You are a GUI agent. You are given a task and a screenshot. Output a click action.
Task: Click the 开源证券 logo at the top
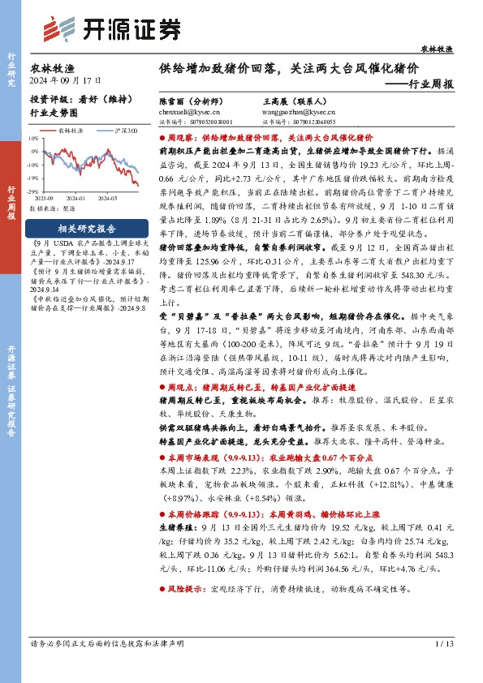(x=110, y=28)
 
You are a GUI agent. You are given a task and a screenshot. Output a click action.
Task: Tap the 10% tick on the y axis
(x=32, y=139)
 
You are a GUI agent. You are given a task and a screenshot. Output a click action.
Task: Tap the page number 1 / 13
(x=443, y=642)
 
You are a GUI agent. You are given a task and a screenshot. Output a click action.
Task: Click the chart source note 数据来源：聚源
(x=58, y=208)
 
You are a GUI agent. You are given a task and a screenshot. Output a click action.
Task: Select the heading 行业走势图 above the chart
(x=54, y=114)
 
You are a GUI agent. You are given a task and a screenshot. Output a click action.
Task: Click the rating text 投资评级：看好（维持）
(x=75, y=98)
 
